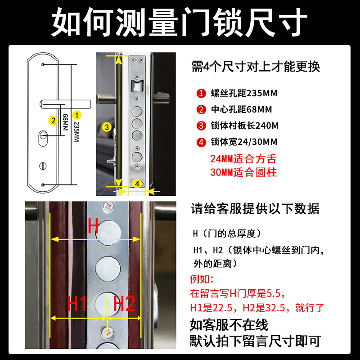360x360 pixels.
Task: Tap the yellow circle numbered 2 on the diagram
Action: coord(53,120)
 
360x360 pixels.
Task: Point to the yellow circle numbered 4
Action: coord(138,183)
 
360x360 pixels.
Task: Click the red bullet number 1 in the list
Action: coord(201,94)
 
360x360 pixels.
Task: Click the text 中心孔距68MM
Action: coord(241,110)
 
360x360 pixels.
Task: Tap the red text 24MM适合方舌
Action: coord(243,159)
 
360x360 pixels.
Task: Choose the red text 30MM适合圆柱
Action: coord(243,172)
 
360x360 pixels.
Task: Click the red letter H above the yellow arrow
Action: coord(93,226)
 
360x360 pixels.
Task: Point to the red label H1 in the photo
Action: coord(77,305)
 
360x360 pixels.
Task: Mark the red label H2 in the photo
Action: coord(124,305)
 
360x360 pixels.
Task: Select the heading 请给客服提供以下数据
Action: coord(255,209)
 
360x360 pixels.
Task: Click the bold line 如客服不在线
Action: coord(229,324)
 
